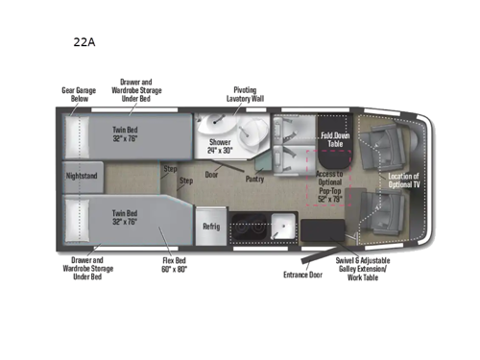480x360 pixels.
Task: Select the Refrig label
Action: [x=211, y=227]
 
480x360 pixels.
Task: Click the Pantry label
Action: [x=254, y=178]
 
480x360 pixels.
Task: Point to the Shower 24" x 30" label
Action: [x=221, y=146]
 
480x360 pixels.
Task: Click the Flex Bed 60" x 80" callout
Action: [x=176, y=264]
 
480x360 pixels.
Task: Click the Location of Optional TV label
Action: [x=404, y=180]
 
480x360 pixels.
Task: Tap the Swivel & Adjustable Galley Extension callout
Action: [x=361, y=269]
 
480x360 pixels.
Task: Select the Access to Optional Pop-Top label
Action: [x=330, y=182]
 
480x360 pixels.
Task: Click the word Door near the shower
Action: [x=211, y=175]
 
